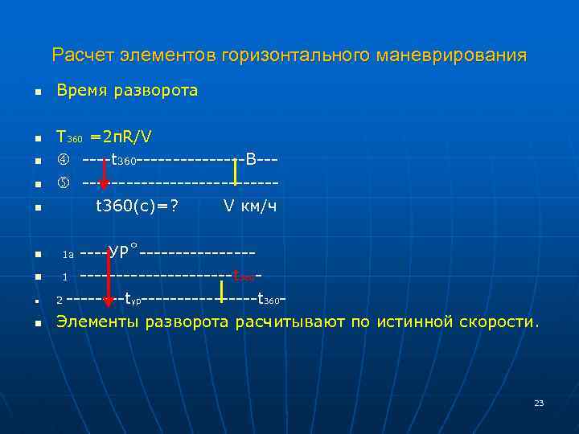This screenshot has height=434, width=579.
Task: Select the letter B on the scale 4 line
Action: click(251, 160)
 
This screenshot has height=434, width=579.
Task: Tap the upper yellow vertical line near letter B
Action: click(235, 172)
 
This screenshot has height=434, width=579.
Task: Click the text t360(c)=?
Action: click(137, 207)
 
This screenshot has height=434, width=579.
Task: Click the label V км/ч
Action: click(250, 207)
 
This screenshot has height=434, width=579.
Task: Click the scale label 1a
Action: click(68, 255)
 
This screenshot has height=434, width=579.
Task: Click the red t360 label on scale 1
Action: click(244, 277)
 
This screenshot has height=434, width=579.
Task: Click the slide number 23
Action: click(539, 403)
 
